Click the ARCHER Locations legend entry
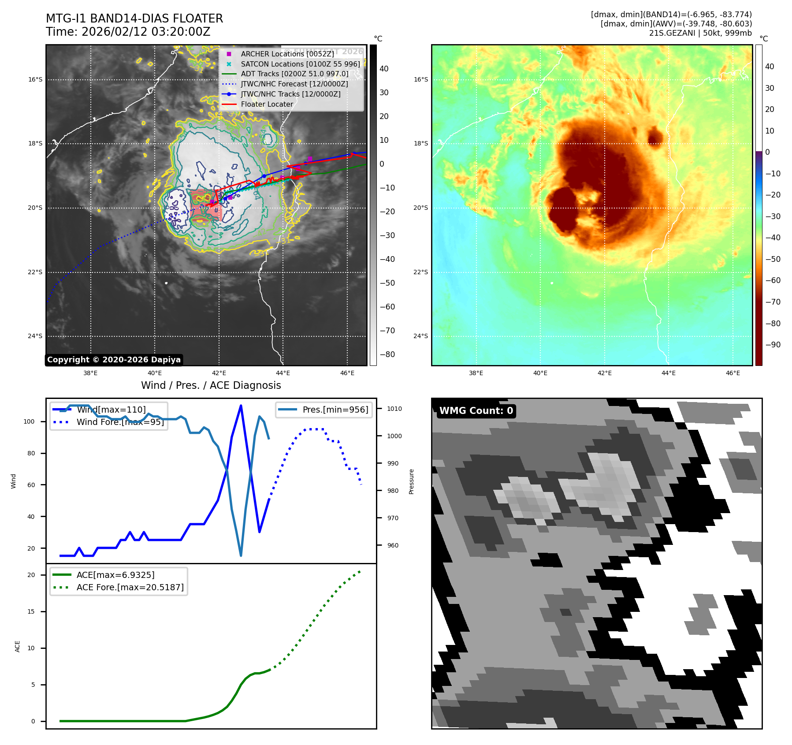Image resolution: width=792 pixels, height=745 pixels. point(287,54)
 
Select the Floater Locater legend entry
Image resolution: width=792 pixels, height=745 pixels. point(267,104)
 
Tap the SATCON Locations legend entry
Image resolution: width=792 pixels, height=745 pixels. point(300,64)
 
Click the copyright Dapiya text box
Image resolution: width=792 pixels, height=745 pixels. point(114,360)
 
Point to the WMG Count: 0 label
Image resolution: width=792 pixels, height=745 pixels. point(476,411)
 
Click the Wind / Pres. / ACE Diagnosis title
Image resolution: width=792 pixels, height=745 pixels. point(211,385)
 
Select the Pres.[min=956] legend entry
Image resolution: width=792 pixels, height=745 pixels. point(335,410)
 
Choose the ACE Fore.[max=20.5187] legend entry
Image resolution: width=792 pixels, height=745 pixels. point(130,587)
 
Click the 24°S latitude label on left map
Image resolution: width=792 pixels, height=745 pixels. point(35,336)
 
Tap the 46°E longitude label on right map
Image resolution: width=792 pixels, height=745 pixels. point(733,373)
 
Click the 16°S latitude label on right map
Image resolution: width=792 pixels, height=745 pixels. point(420,79)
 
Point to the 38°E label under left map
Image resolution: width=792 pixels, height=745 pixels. point(90,373)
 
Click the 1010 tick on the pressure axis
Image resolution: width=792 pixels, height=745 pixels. point(394,409)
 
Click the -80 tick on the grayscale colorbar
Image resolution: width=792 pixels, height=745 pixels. point(387,354)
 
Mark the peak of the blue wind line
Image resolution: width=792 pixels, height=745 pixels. point(241,406)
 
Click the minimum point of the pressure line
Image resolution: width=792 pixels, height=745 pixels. point(241,555)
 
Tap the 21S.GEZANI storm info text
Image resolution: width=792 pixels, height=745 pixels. point(700,33)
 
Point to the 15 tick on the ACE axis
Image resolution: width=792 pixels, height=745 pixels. point(31,611)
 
